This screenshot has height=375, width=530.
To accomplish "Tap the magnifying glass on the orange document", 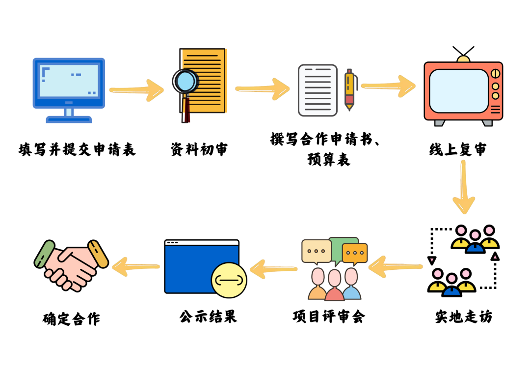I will pos(185,82).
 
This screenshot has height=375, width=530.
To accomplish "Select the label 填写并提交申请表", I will pos(77,148).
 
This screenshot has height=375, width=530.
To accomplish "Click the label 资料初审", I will pos(199,149).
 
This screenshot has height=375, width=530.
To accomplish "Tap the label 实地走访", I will pos(463,317).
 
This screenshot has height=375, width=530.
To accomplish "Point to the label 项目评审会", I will pos(329,316).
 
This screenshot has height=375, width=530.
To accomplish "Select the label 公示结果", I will pos(208,316).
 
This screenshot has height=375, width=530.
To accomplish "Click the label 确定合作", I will pos(72,319).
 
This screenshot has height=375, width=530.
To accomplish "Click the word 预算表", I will pos(329,160).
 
